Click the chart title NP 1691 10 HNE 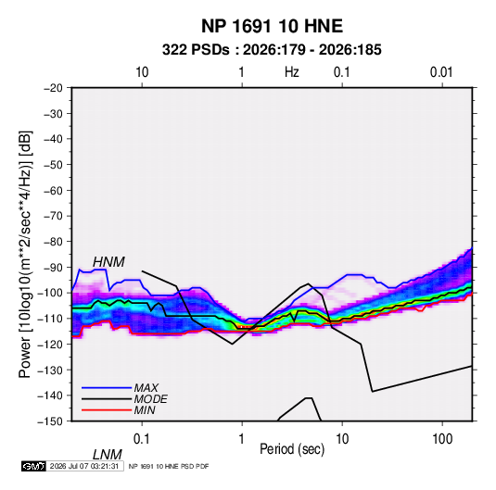[x=272, y=26]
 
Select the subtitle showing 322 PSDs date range [x=272, y=50]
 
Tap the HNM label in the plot [x=108, y=262]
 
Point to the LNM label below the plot [x=107, y=455]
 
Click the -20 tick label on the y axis [x=53, y=88]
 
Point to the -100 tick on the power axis [x=50, y=293]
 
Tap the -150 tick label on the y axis [x=50, y=421]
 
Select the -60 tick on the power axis [x=53, y=190]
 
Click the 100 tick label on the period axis [x=442, y=439]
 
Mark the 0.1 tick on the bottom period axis [x=141, y=439]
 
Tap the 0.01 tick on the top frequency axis [x=441, y=72]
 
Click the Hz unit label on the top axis [x=292, y=72]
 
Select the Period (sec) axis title [x=292, y=449]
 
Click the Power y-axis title [x=25, y=254]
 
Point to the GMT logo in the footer [x=33, y=466]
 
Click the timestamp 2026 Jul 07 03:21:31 [x=84, y=466]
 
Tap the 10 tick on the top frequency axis [x=142, y=72]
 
